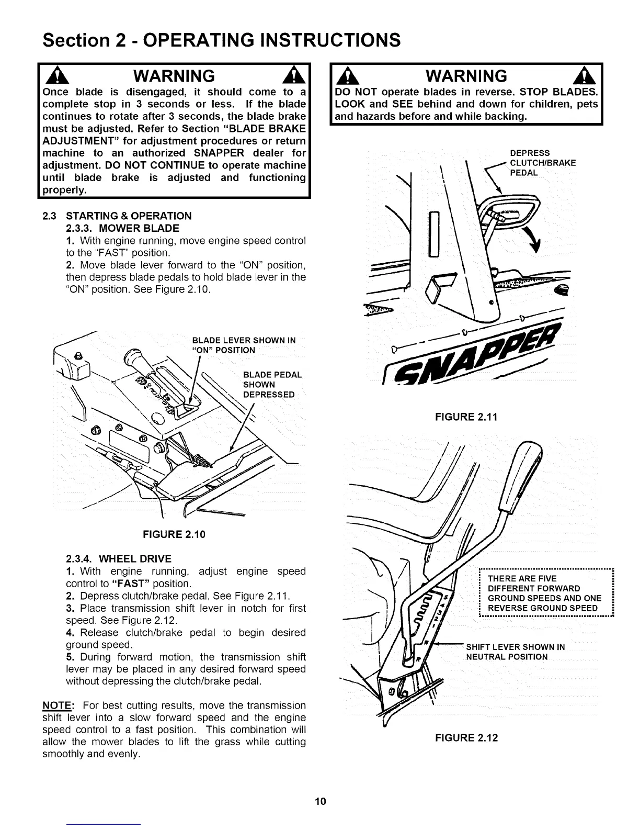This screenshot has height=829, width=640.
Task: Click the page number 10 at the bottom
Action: [x=321, y=801]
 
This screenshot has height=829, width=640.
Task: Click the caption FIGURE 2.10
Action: [x=174, y=534]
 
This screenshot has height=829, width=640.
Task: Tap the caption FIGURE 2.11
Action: [x=466, y=417]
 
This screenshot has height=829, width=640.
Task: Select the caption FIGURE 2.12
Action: [x=466, y=738]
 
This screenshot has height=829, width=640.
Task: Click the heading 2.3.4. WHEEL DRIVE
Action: [x=119, y=559]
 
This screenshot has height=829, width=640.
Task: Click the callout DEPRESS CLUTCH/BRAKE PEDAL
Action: [x=542, y=163]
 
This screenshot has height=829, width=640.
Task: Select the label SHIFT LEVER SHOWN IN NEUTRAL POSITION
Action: [x=515, y=652]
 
